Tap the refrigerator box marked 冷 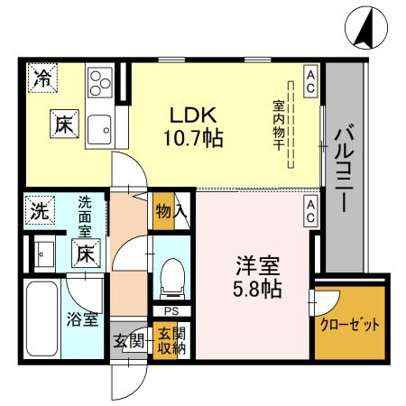tap(42, 78)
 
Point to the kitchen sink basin tap(98, 127)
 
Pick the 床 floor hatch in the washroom tap(85, 254)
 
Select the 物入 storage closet tap(171, 212)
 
